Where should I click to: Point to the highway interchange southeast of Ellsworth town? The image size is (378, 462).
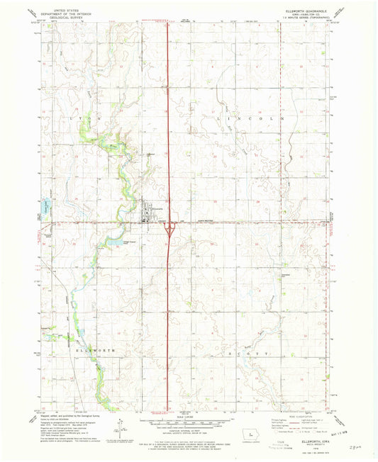point(169,228)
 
